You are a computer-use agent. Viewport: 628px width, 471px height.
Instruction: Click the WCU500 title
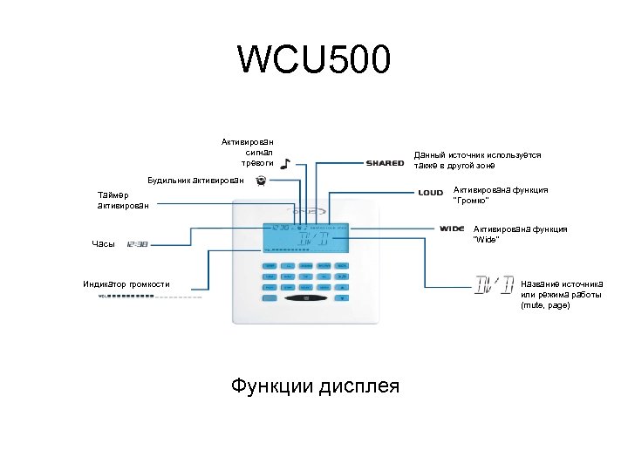click(x=314, y=61)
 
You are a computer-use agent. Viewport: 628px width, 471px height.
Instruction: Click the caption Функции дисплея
click(x=315, y=385)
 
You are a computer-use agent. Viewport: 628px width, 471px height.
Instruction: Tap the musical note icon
click(x=286, y=162)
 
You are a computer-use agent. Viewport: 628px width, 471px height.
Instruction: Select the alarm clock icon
click(x=260, y=181)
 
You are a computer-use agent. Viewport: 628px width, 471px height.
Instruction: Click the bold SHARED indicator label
click(x=385, y=163)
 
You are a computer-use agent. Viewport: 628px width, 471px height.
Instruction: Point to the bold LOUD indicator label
click(x=430, y=192)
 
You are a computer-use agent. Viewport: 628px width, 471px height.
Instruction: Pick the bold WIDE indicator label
click(x=452, y=229)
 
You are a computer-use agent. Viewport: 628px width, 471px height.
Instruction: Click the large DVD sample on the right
click(x=494, y=285)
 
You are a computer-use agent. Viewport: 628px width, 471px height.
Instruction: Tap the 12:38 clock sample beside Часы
click(x=137, y=244)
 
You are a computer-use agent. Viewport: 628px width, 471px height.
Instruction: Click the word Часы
click(x=103, y=244)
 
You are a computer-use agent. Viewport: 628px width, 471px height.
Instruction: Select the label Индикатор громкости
click(x=127, y=284)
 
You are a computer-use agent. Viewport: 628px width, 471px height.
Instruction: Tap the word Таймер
click(x=113, y=195)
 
